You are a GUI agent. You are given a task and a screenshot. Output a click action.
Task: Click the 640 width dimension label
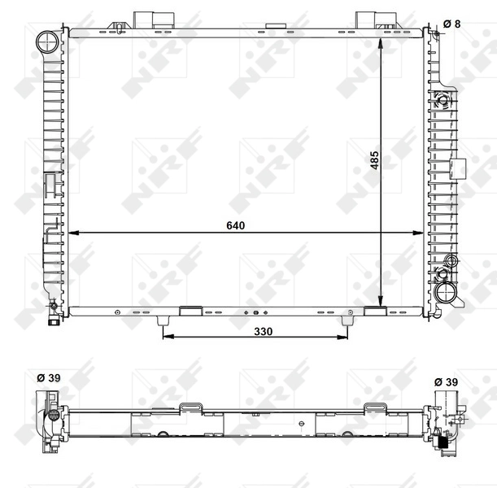point(237,224)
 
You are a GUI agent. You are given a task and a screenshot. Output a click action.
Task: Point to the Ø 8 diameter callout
point(451,24)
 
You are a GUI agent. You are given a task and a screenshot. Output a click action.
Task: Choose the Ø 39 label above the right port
point(445,381)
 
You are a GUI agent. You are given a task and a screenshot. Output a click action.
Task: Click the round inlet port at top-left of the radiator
point(48,40)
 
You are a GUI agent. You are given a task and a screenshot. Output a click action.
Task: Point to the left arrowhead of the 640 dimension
point(75,233)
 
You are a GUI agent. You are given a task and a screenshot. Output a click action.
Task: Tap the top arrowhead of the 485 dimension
point(381,40)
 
